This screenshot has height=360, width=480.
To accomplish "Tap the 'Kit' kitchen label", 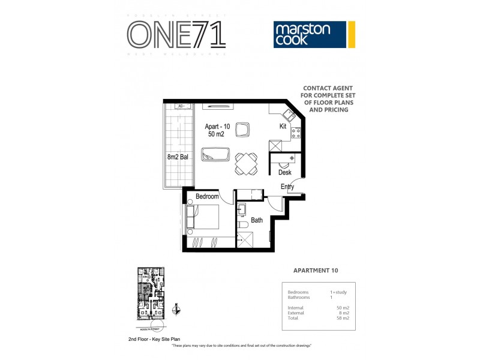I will point(283,127).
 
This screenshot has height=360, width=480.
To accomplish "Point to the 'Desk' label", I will point(284,173).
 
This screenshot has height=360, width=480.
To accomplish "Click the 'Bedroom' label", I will point(207,197).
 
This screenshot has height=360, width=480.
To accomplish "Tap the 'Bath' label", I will point(257,220).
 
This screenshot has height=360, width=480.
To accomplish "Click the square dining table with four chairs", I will point(246,163).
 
